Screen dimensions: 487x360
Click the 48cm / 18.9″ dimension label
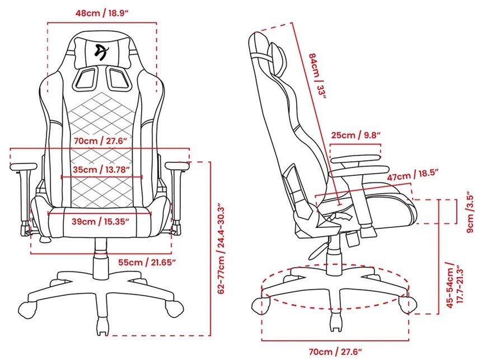tap(102, 13)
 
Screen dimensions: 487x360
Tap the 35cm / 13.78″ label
tap(101, 170)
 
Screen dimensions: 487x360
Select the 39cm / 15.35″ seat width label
tap(100, 222)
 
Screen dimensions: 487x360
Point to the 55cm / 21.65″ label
tap(147, 263)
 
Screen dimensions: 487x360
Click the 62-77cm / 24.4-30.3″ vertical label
tap(221, 249)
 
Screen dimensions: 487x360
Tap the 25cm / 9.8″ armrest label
tap(355, 135)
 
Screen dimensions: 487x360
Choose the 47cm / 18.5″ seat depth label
tap(413, 175)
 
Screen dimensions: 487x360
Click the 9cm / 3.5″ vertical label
tap(471, 213)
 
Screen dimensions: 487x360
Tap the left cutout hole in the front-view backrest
tap(85, 78)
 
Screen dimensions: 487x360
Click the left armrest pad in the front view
tap(24, 167)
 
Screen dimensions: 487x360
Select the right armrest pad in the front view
tap(177, 166)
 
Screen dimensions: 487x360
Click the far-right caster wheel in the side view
tap(408, 305)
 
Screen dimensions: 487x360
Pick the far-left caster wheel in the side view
tap(260, 306)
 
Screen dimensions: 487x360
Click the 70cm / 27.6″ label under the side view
tap(335, 352)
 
